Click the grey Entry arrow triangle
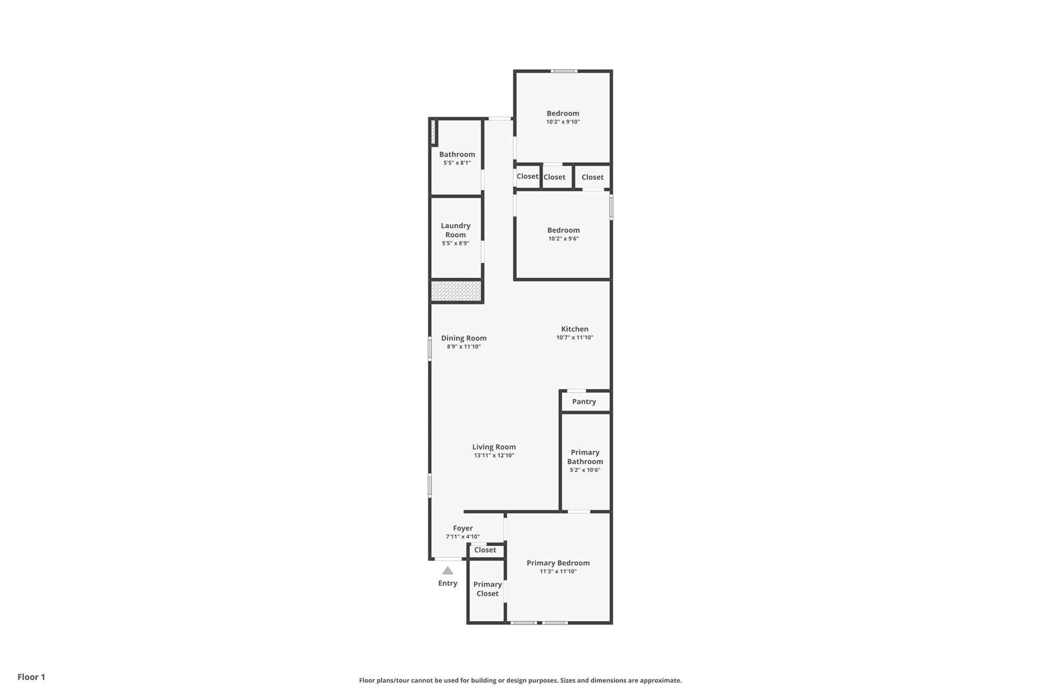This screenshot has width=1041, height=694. pos(447,570)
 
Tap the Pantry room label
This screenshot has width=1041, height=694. pos(584,402)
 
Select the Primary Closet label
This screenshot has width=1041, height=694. pos(487,589)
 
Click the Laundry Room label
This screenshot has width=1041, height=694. pos(455,230)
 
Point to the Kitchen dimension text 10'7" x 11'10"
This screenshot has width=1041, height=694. pos(575,338)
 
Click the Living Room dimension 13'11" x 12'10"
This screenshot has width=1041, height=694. pos(494,456)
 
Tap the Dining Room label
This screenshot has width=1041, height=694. pos(464,338)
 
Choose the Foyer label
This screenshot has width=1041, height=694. pos(463,528)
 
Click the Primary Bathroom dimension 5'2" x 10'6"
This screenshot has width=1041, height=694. pos(585,470)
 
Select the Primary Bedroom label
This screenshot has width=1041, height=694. pos(558,563)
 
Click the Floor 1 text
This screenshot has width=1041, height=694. pos(32,677)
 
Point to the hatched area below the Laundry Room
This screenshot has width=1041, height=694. pos(456,291)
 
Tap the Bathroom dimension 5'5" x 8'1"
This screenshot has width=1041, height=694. pos(457,163)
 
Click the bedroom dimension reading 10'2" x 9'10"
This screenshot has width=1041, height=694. pos(563,122)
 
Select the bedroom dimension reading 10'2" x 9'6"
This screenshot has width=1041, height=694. pos(564,239)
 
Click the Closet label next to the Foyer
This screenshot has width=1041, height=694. pos(485,550)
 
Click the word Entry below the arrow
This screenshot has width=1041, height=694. pos(448,583)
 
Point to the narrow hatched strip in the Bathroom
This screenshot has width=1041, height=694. pos(433,132)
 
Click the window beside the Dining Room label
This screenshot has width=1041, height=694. pos(430,349)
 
